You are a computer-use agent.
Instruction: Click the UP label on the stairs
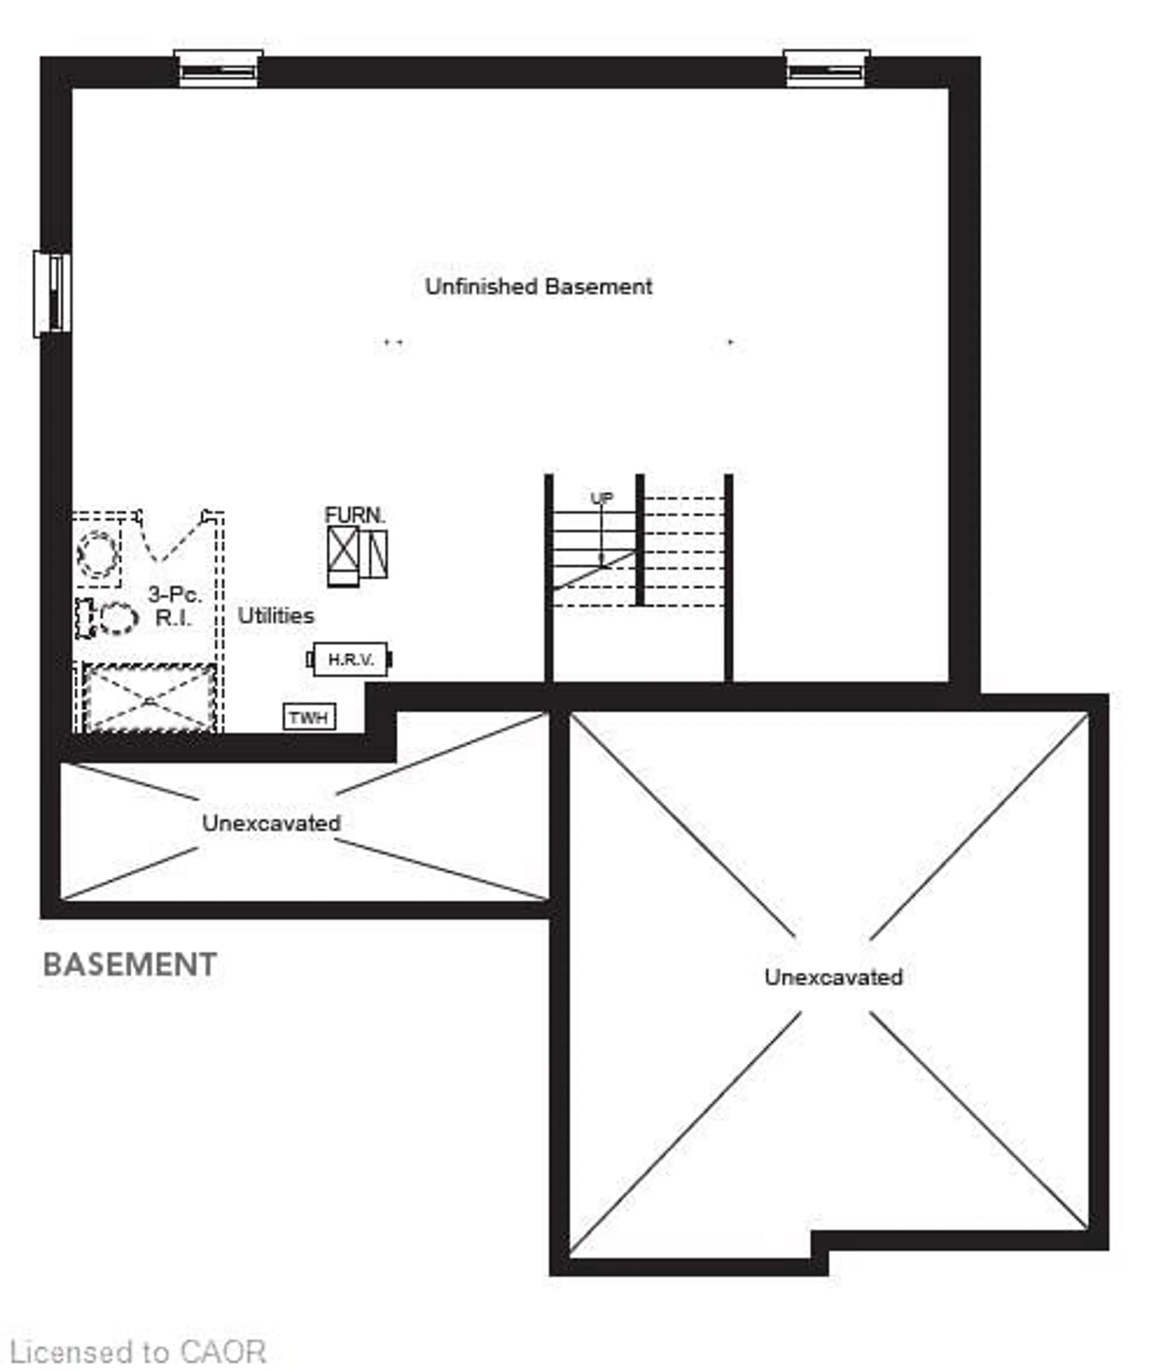(x=601, y=498)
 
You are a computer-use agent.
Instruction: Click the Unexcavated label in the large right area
(x=833, y=977)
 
